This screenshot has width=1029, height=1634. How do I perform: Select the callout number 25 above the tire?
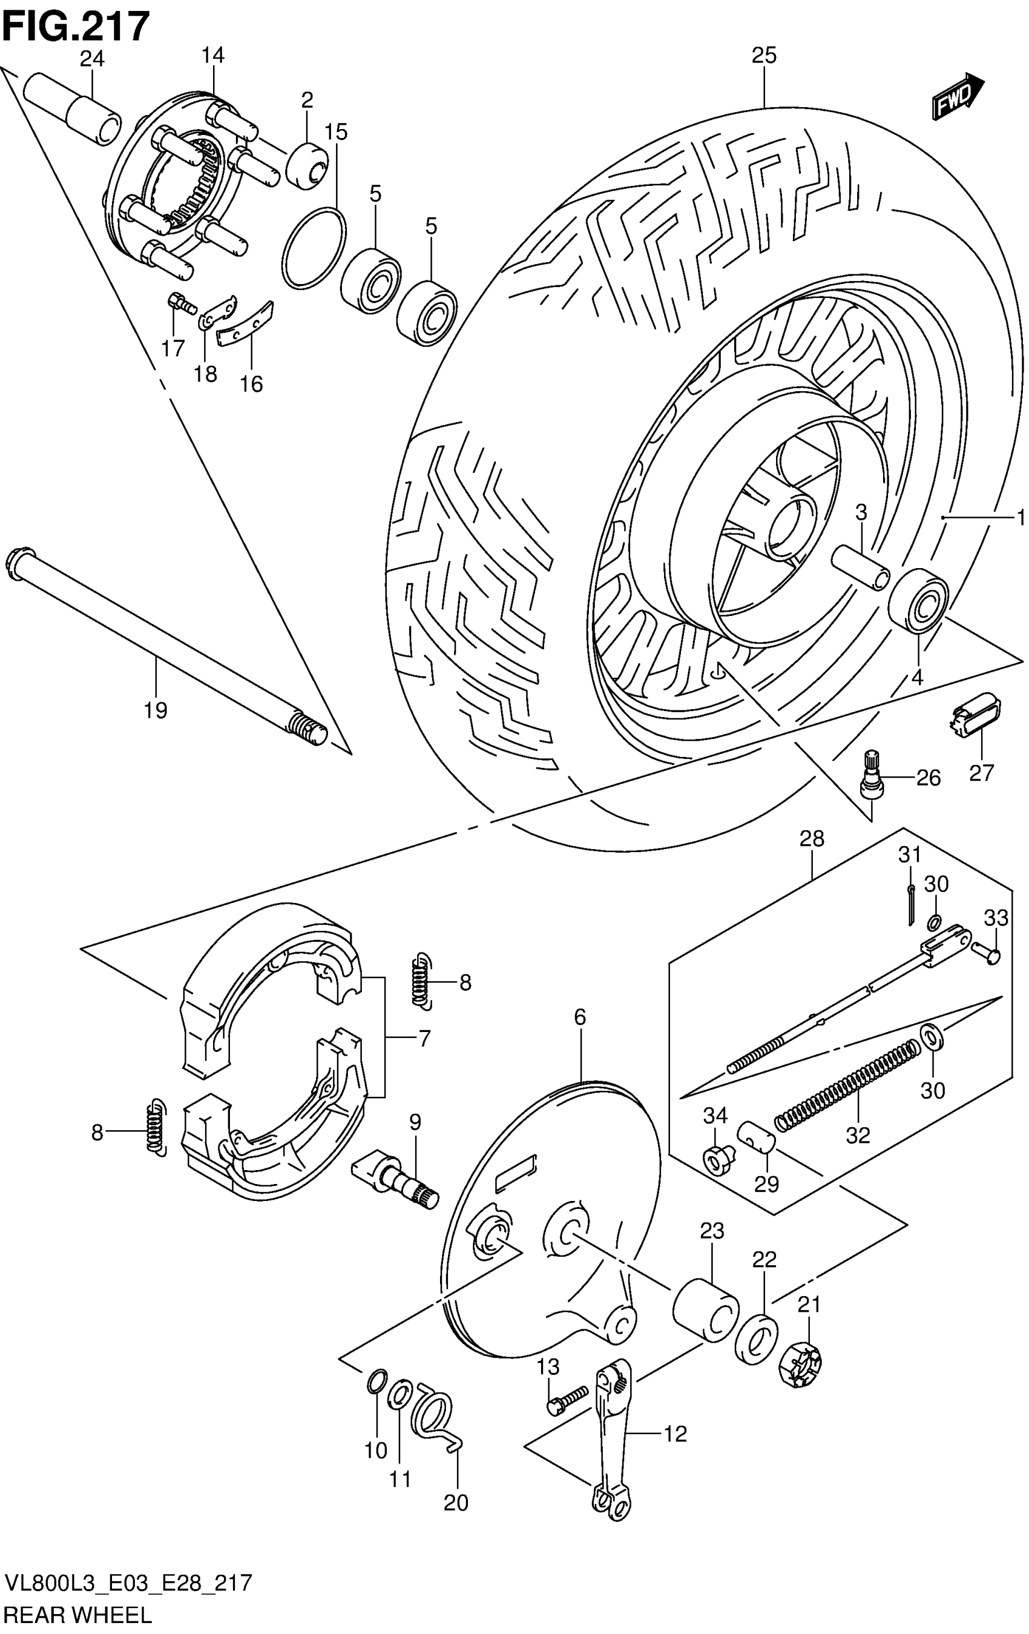[x=763, y=56]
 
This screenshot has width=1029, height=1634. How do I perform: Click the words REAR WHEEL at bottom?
[x=78, y=1615]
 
